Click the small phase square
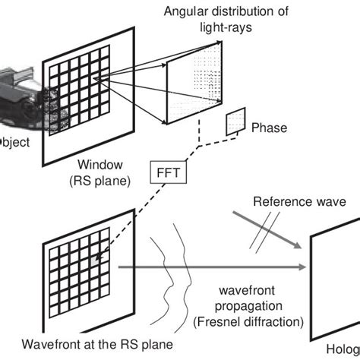(235, 118)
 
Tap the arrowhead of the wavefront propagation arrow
(302, 266)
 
